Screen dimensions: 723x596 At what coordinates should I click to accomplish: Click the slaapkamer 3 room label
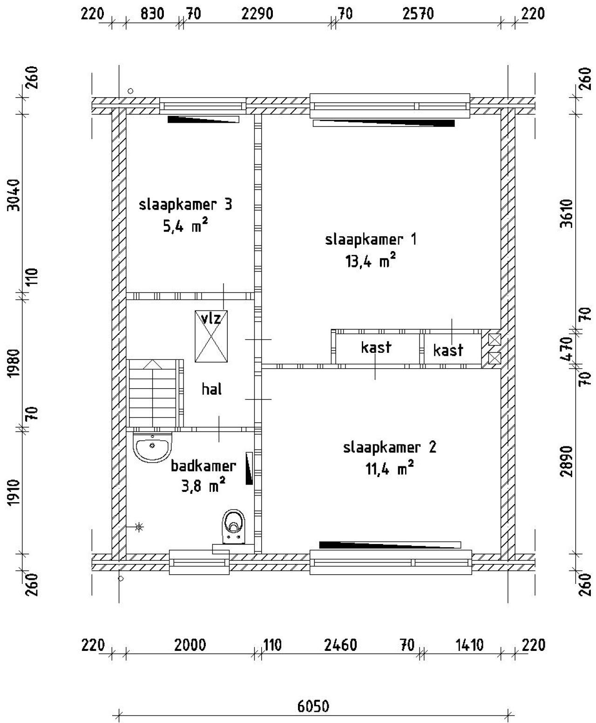185,205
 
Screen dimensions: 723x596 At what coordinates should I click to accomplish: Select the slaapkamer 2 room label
390,447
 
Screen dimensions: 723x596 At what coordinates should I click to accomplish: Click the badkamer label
203,465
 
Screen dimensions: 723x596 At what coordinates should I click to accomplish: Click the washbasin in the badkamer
152,447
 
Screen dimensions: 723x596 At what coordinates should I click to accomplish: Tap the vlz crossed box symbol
211,336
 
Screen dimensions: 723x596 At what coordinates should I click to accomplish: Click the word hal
211,389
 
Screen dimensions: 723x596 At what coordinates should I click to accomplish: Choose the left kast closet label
376,347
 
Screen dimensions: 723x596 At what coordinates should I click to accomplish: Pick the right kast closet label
448,350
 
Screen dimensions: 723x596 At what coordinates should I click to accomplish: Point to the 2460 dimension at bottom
340,645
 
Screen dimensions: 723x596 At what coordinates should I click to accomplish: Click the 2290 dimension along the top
257,14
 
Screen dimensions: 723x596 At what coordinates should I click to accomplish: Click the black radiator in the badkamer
249,468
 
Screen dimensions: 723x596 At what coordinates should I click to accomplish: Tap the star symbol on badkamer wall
139,527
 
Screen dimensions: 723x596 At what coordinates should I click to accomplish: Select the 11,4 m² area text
390,469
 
